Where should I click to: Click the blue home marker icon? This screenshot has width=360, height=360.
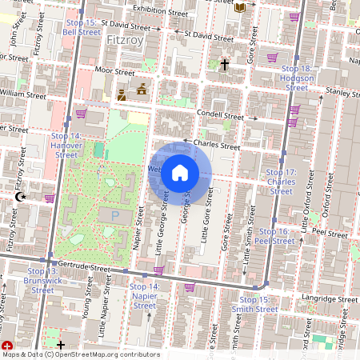click(180, 173)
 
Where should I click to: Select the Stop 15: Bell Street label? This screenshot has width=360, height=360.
click(81, 28)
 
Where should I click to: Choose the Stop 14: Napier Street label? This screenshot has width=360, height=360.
click(145, 295)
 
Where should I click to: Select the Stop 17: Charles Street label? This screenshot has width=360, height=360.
click(281, 182)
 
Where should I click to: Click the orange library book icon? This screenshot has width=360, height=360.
click(240, 7)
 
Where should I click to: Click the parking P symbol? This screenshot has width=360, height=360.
click(114, 216)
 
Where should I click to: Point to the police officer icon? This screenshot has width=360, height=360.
click(122, 95)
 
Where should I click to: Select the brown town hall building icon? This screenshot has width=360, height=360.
click(142, 90)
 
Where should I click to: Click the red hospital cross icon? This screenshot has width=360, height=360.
click(7, 345)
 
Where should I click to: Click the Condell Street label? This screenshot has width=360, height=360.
click(220, 116)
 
